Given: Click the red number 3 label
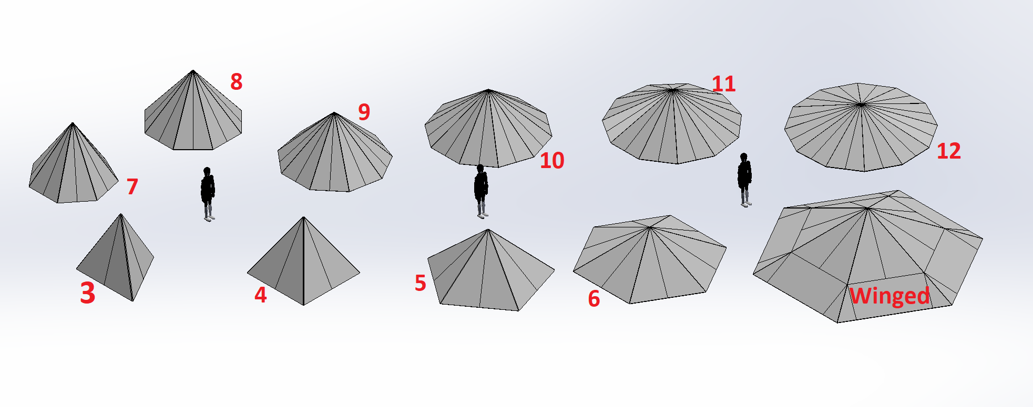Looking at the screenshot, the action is (x=88, y=293).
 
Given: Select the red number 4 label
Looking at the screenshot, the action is (x=260, y=295).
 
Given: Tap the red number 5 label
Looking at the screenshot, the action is (x=420, y=283).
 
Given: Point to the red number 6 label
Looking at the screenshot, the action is (x=594, y=299).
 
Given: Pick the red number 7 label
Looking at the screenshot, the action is (x=132, y=186).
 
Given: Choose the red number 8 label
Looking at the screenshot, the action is (x=236, y=81).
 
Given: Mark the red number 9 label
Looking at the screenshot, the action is (x=364, y=112).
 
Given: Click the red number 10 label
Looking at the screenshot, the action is (x=552, y=160).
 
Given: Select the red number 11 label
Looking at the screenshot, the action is (x=723, y=84).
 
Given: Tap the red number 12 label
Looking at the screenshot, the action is (x=949, y=151).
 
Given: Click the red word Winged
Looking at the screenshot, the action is (x=889, y=296).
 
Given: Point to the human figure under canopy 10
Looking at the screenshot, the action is (x=481, y=191).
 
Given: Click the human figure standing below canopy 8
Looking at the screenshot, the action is (x=208, y=194).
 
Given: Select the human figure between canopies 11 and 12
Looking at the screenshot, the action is (x=744, y=180).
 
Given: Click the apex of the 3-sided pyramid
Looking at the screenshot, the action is (x=121, y=214).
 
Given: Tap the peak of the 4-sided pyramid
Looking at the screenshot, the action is (x=303, y=217).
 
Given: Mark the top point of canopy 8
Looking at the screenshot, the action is (x=193, y=70).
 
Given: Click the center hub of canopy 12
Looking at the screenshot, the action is (x=861, y=105).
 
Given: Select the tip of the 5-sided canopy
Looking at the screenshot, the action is (x=488, y=229).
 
